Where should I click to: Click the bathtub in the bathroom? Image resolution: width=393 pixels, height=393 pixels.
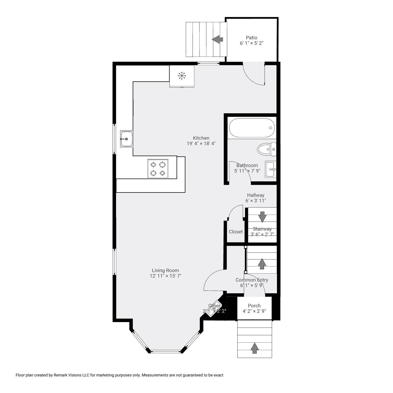pos(251,128)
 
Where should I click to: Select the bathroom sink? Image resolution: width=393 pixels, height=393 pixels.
pos(271,169)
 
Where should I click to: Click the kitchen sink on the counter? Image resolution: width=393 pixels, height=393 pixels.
pos(126,139)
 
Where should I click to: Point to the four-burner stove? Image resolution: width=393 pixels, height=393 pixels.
pos(158,169)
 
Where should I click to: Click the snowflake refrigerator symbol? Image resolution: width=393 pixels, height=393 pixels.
pos(182,76)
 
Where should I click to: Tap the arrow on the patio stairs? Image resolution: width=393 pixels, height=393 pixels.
pos(218,39)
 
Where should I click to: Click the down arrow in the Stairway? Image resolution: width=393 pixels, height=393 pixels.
pos(262,216)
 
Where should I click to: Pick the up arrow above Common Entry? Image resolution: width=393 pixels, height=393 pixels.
pos(262,264)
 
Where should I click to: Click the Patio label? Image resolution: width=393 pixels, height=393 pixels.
pos(251,38)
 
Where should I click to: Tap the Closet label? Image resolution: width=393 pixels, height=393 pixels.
pos(235,232)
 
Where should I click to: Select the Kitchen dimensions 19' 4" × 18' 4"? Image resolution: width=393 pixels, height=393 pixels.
pos(201,143)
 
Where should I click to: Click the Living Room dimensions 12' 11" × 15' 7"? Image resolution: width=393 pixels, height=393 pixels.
pos(165,276)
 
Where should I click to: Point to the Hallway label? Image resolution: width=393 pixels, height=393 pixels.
pos(256,195)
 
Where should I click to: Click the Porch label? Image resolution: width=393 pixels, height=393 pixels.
pos(254,305)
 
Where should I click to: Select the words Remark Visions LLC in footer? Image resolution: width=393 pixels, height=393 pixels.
pos(71,375)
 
